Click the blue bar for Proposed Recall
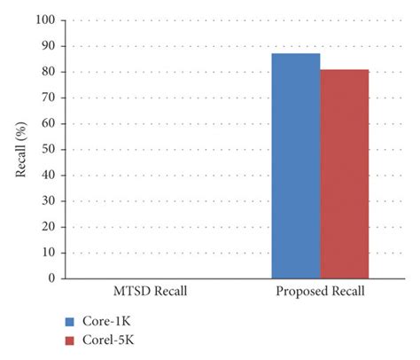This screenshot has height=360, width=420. point(296,166)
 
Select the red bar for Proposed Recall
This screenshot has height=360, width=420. point(344,174)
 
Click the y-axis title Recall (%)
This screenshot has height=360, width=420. point(20,149)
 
